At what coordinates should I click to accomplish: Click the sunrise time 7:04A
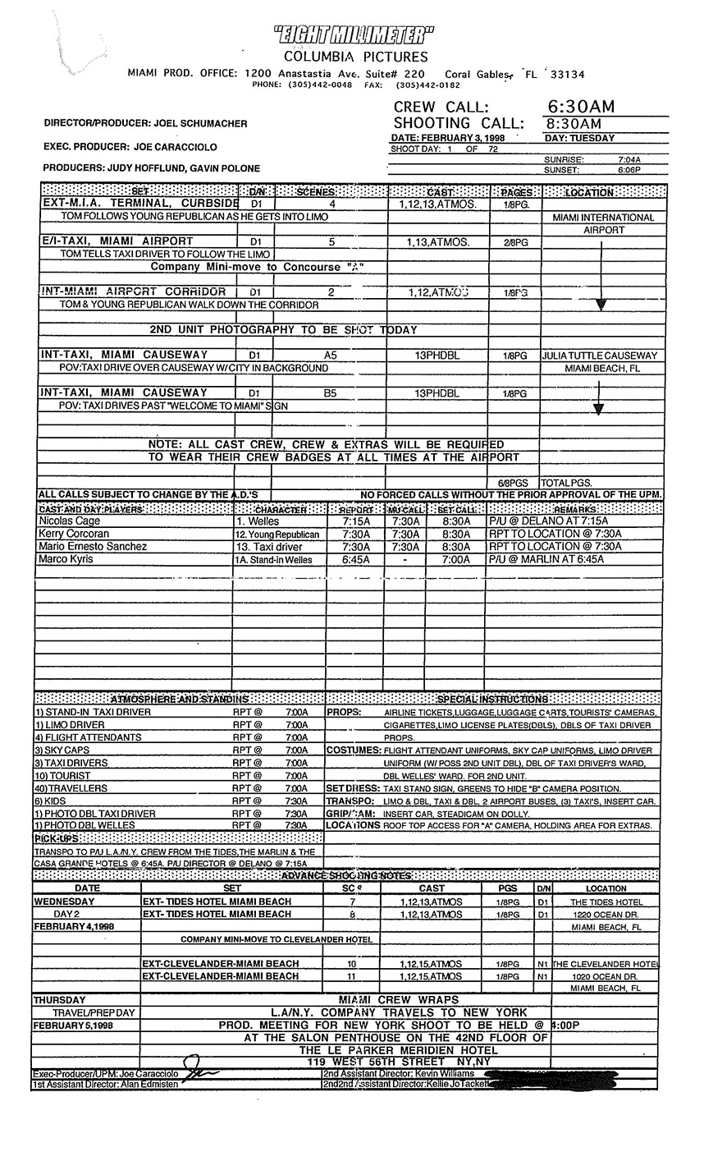click(x=629, y=159)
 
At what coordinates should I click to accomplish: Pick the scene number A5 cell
click(x=330, y=356)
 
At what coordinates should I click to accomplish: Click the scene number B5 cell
click(x=330, y=393)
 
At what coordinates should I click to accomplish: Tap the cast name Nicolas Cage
click(x=67, y=521)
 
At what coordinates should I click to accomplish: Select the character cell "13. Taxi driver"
click(x=269, y=547)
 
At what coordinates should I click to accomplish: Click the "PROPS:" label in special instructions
click(x=345, y=712)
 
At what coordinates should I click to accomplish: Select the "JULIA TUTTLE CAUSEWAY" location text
click(x=599, y=356)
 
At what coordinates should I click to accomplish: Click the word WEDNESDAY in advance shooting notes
click(x=64, y=902)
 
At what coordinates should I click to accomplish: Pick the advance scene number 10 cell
click(x=352, y=964)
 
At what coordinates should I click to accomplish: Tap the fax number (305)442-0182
click(x=427, y=85)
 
